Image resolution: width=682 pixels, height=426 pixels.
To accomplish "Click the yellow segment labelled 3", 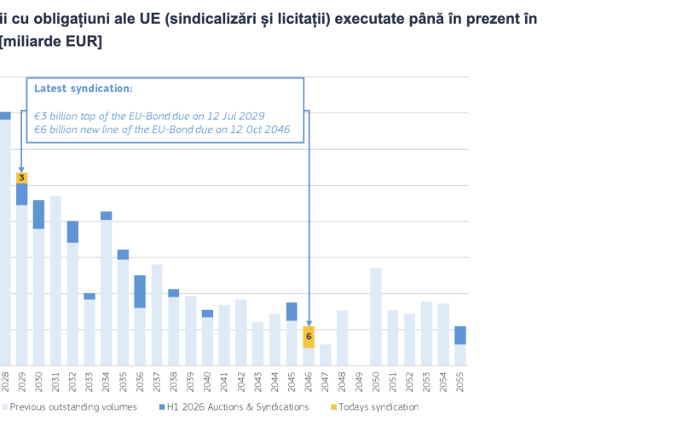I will (22, 177).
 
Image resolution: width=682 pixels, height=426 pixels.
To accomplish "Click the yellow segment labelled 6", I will (309, 337).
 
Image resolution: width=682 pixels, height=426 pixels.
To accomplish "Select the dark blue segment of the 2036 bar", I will (140, 291).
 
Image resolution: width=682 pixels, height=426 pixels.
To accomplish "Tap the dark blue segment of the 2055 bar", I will (460, 335).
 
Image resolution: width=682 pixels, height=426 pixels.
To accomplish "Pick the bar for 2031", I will (55, 281).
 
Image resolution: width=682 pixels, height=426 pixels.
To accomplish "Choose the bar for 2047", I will (326, 355).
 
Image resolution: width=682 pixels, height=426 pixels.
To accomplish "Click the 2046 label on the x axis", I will (309, 379).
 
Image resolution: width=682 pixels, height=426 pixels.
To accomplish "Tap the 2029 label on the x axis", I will (22, 379).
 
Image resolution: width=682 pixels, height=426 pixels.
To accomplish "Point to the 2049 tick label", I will (359, 379).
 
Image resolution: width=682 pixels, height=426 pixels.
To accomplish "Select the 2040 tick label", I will (207, 379).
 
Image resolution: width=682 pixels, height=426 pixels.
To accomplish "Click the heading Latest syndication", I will (83, 88).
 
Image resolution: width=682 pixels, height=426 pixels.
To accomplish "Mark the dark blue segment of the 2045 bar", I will (292, 311).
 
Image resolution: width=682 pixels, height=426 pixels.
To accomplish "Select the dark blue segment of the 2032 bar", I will (72, 232).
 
